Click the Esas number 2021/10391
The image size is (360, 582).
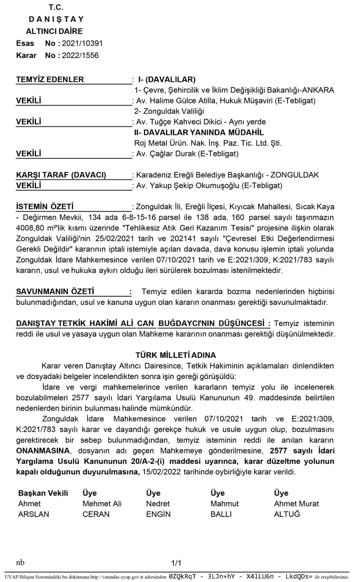[82, 43]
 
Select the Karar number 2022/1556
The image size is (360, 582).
[80, 55]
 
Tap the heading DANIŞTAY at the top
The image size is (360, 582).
[56, 19]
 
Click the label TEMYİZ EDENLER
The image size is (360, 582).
[50, 79]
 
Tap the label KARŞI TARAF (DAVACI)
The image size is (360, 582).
[61, 175]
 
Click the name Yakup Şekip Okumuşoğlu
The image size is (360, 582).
[195, 186]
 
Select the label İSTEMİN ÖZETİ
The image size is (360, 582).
[45, 207]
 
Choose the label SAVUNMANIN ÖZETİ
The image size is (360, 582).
[55, 291]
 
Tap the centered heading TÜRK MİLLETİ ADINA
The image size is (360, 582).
[176, 355]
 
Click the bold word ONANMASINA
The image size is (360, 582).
[43, 451]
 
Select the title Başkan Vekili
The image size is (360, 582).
[43, 493]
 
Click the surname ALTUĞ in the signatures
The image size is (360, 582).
[287, 514]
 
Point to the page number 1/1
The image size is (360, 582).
[176, 563]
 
